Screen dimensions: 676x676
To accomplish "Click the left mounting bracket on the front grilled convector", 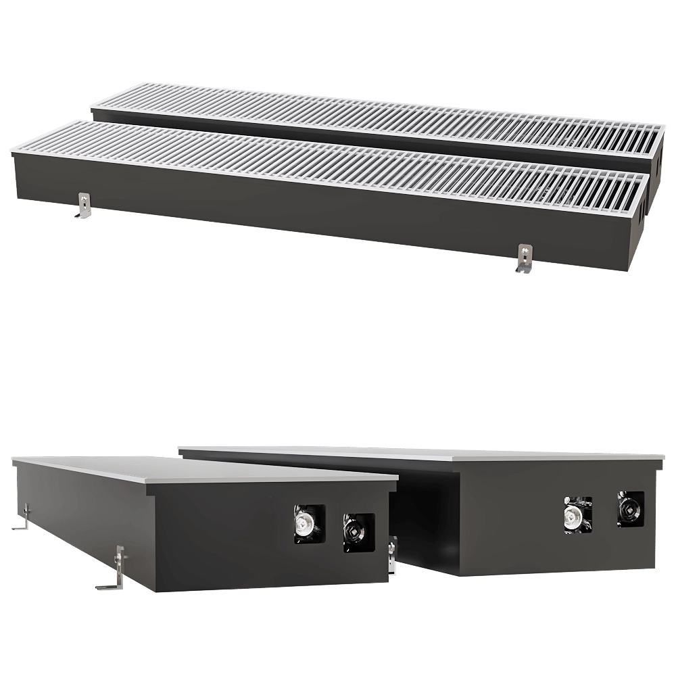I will [83, 206].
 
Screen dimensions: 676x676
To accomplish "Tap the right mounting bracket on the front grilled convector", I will [523, 259].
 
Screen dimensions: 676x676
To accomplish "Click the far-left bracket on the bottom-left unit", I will [24, 517].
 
